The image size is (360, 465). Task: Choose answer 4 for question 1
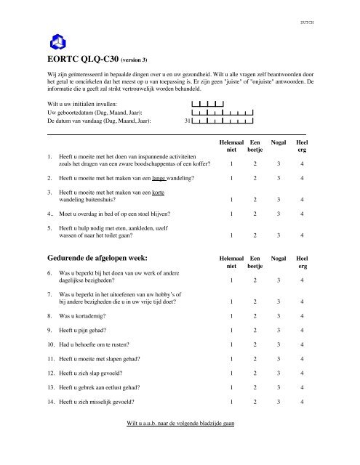coord(302,163)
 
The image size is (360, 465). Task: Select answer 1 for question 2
coord(232,177)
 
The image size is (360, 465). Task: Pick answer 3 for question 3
coord(279,198)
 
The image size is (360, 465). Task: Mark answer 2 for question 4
coord(255,214)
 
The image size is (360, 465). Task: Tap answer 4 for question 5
coord(302,234)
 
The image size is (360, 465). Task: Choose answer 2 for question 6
coord(255,280)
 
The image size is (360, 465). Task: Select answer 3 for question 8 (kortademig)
coord(279,317)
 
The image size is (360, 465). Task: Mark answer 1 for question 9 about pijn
coord(232,330)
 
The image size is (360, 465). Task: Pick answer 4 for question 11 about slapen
coord(302,359)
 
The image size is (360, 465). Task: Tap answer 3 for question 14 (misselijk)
coord(279,401)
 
